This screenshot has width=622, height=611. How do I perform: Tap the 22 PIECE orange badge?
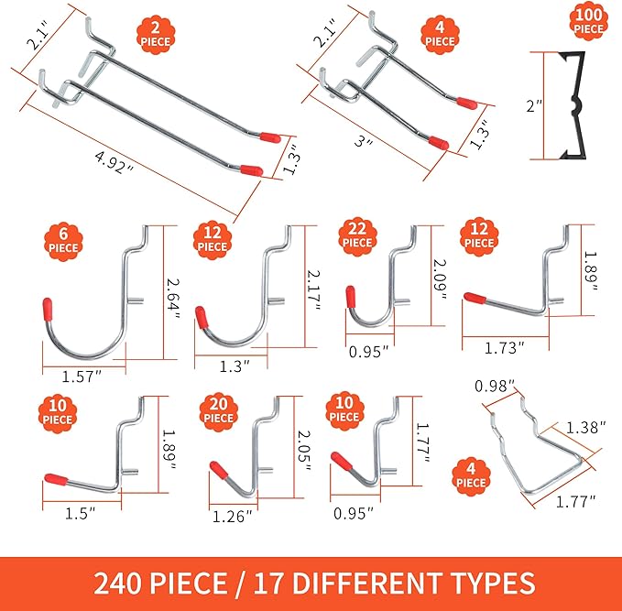point(358,235)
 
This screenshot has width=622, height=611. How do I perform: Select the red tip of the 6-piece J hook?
point(48,308)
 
